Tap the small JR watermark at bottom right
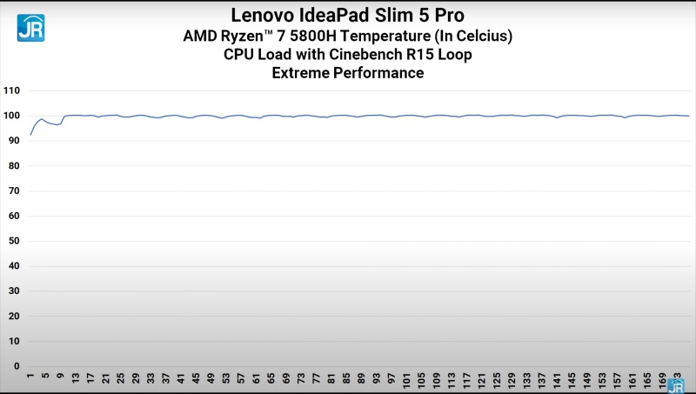coord(677,384)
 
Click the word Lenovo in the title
coord(264,15)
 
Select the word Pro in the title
coord(446,15)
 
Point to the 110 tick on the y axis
coord(11,90)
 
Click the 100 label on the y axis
coord(11,116)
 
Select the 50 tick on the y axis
coord(14,241)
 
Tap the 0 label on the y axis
coord(17,366)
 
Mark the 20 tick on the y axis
coord(14,316)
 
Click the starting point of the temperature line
coord(30,135)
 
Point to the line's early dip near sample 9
coord(59,124)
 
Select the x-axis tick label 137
coord(541,380)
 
